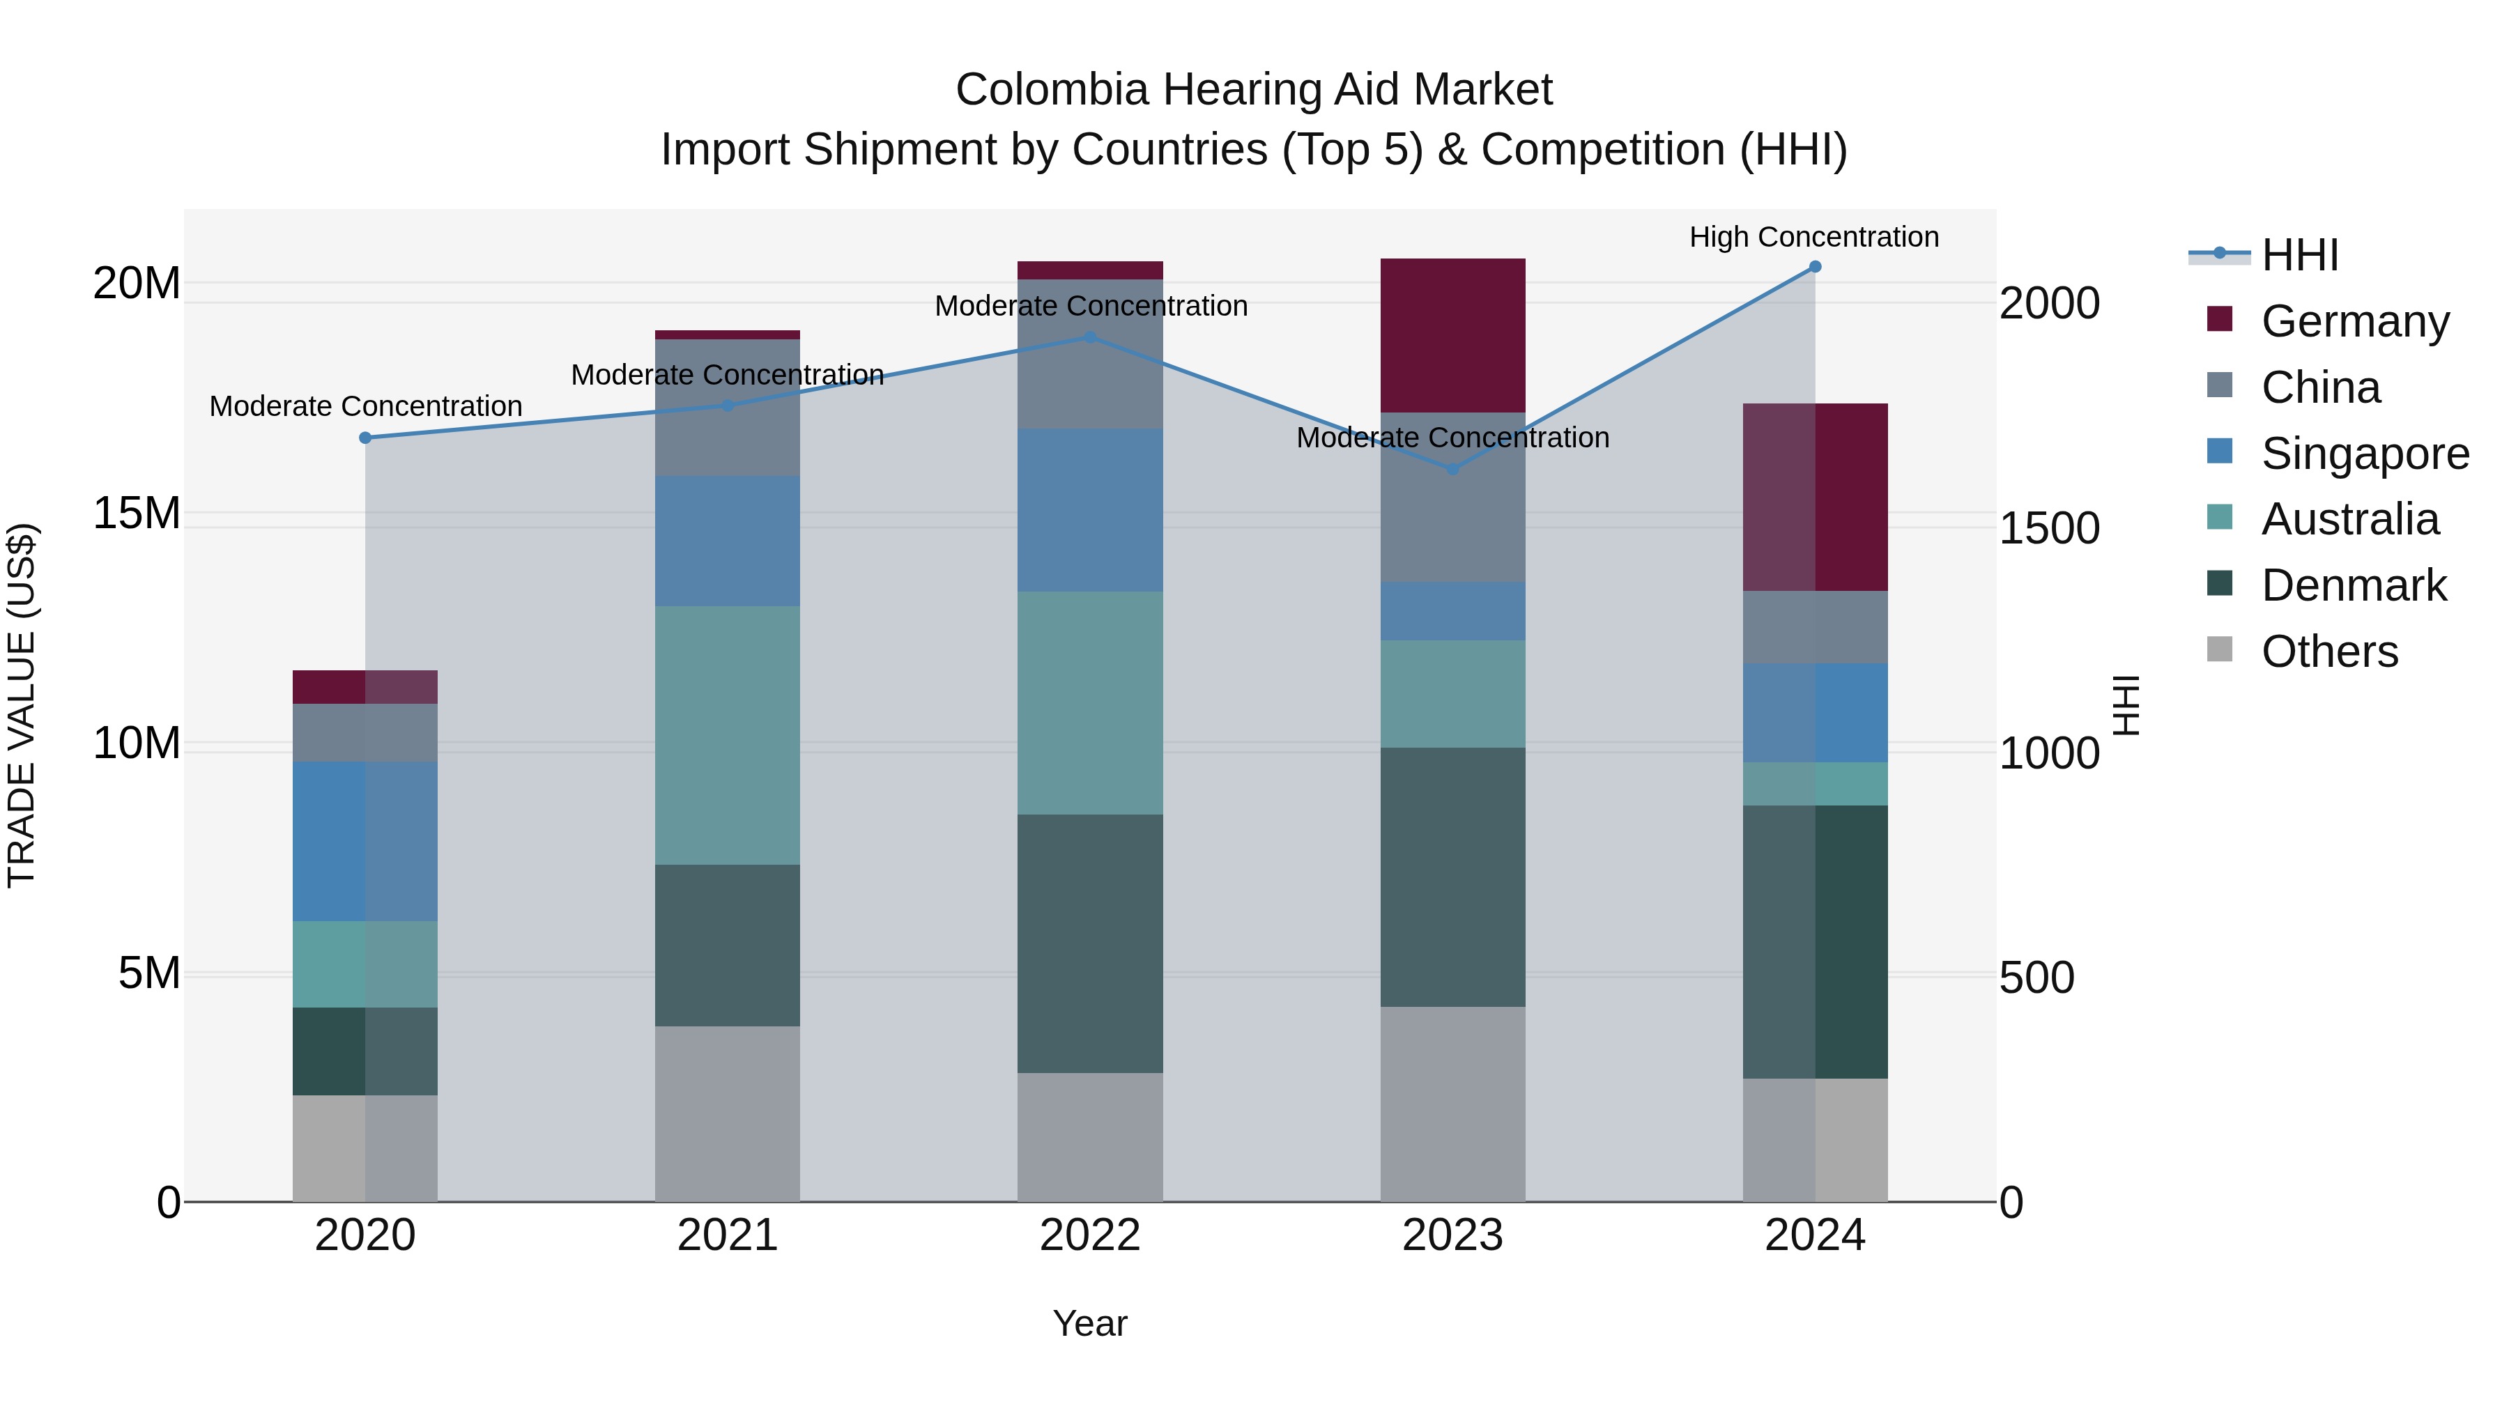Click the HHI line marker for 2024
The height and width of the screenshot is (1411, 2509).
click(1815, 267)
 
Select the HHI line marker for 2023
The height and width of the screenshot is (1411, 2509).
click(1452, 468)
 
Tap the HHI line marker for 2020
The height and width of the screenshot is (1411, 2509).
click(365, 438)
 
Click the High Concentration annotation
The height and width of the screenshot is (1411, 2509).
click(1813, 237)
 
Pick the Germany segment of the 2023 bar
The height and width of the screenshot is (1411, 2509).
click(1452, 335)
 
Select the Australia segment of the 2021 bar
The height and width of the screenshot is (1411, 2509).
click(727, 735)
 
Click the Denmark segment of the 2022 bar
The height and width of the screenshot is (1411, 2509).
click(1090, 943)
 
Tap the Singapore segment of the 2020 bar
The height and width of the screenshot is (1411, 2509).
click(365, 840)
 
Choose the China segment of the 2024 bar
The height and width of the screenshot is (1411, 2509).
click(1815, 626)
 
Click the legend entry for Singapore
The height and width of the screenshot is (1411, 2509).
click(2364, 454)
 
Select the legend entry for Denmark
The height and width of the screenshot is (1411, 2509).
click(2352, 585)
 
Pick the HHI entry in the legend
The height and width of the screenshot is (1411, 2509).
click(2299, 255)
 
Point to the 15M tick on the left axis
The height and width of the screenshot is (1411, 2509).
click(137, 513)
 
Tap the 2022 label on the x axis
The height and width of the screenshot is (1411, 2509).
click(1090, 1235)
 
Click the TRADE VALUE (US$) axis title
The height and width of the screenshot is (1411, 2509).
click(22, 705)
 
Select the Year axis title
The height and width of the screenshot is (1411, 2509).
click(1090, 1323)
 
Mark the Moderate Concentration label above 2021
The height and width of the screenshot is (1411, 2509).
click(727, 375)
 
